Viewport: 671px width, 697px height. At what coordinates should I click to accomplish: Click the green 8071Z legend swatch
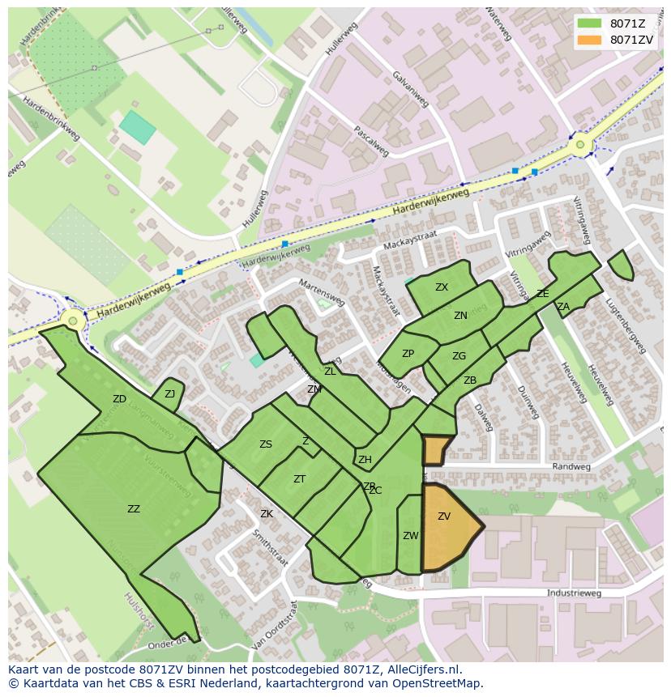[x=589, y=23]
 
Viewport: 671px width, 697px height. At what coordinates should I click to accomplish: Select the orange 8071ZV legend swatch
[x=589, y=40]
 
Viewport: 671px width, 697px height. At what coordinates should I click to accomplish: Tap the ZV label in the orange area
[x=444, y=516]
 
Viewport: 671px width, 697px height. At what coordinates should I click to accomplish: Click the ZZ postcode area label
[x=134, y=509]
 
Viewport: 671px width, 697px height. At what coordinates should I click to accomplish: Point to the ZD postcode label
[x=119, y=399]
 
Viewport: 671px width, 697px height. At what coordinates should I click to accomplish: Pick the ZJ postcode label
[x=169, y=394]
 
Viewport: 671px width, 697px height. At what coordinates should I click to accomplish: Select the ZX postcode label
[x=442, y=287]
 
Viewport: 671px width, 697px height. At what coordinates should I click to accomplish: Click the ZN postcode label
[x=460, y=316]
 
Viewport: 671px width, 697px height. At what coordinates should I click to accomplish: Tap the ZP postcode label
[x=408, y=354]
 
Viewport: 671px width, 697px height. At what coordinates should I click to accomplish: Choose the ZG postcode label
[x=459, y=356]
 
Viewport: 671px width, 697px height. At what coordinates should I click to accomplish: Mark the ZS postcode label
[x=266, y=444]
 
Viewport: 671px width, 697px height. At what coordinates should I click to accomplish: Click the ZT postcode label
[x=299, y=479]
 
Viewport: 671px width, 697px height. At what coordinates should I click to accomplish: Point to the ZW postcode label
[x=410, y=536]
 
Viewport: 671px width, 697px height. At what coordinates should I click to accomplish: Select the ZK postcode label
[x=267, y=514]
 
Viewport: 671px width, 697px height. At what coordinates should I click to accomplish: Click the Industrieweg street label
[x=575, y=593]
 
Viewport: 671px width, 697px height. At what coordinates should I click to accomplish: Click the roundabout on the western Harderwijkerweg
[x=73, y=321]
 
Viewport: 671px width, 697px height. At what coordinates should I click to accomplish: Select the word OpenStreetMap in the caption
[x=436, y=683]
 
